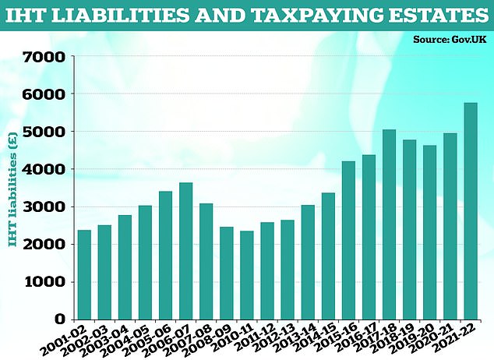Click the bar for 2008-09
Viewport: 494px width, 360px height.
(x=225, y=273)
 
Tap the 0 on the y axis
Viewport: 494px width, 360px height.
(x=60, y=319)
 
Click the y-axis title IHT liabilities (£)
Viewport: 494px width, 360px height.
(x=12, y=188)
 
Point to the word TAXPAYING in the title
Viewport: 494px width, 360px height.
(x=300, y=15)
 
